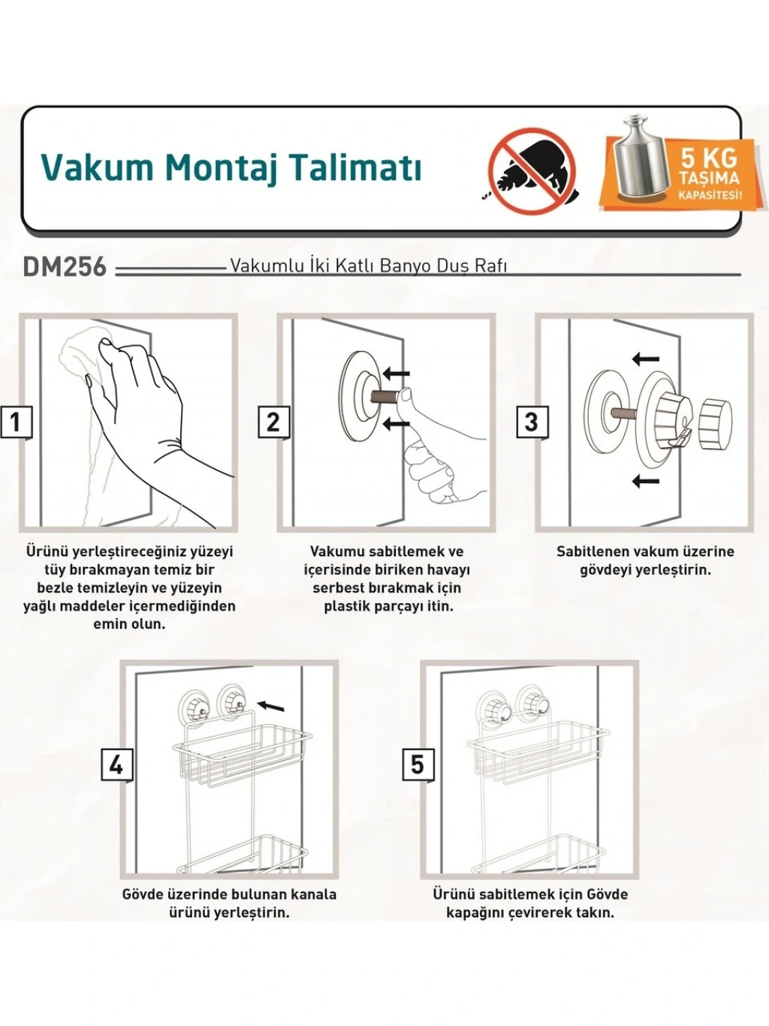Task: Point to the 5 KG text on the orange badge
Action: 709,158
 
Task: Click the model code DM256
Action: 65,268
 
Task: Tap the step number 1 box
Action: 16,422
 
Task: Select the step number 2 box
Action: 273,422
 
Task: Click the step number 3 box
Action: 532,422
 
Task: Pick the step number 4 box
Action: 116,766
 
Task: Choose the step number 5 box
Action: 417,766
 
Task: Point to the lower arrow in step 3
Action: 645,480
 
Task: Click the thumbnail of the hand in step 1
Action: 107,343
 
